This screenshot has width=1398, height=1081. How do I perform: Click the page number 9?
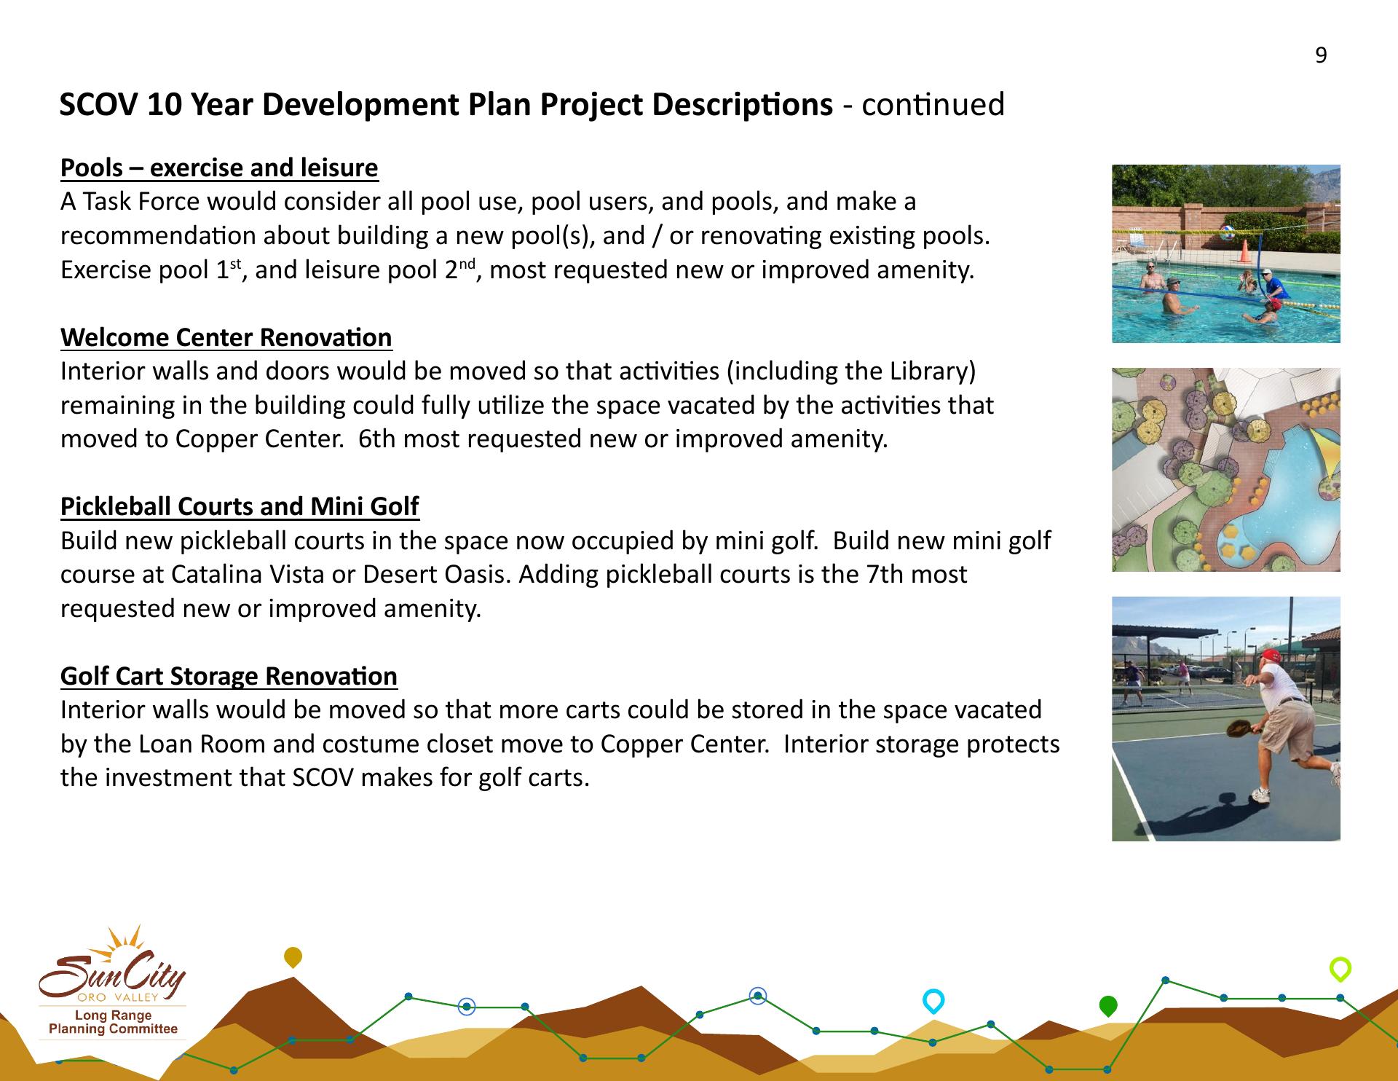[1321, 55]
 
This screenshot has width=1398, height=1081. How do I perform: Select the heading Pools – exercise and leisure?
[219, 168]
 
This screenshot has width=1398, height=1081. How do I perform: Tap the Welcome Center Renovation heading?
[226, 337]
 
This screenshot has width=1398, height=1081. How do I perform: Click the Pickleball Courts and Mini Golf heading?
[240, 506]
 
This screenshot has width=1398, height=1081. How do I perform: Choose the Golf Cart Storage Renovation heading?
[229, 676]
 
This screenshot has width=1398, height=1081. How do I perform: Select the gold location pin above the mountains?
[293, 957]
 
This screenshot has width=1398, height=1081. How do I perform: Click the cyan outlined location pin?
[933, 1001]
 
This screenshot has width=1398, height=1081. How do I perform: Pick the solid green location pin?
[1107, 1006]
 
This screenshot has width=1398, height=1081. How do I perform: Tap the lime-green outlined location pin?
[1340, 970]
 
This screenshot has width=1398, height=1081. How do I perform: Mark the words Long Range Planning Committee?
[113, 1022]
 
